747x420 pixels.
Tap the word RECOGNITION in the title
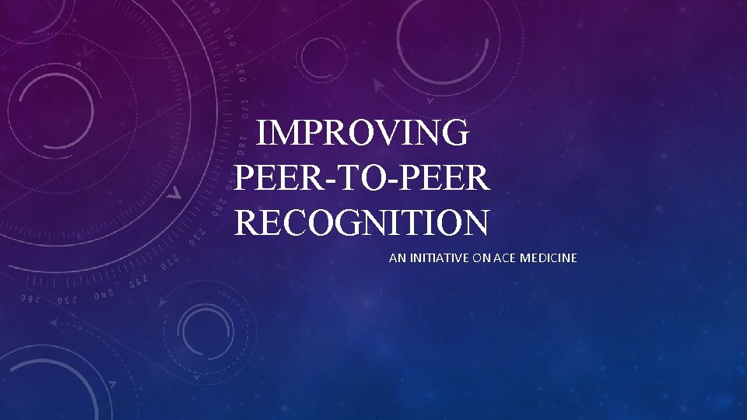click(x=362, y=223)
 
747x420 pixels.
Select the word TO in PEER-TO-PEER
click(x=362, y=178)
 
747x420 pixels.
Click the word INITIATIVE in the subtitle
click(x=436, y=257)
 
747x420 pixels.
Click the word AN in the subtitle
click(x=396, y=257)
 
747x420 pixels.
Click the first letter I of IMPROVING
click(x=261, y=133)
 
